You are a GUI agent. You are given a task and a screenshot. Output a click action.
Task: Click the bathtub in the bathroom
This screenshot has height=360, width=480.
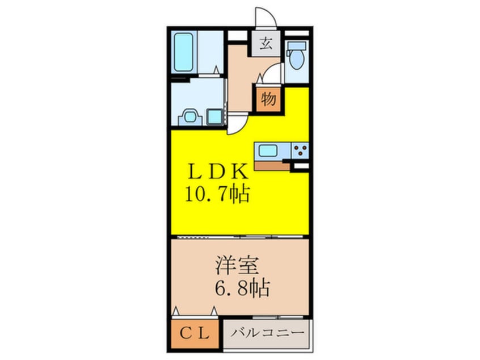[x=183, y=52]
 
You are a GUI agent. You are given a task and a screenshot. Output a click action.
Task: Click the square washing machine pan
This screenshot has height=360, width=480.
[x=215, y=116]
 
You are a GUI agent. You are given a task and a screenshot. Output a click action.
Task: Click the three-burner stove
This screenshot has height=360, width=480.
[x=300, y=151]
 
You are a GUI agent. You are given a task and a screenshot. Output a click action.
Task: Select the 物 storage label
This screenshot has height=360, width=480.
[x=268, y=99]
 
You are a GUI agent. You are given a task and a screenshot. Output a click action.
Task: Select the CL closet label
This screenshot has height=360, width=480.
[x=195, y=333]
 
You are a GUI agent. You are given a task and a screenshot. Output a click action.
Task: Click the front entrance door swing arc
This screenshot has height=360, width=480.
[x=265, y=17]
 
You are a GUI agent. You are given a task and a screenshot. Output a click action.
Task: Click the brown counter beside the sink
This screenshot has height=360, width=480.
[x=272, y=165]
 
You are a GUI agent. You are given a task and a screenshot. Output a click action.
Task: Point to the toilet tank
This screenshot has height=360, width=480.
[x=296, y=46]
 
